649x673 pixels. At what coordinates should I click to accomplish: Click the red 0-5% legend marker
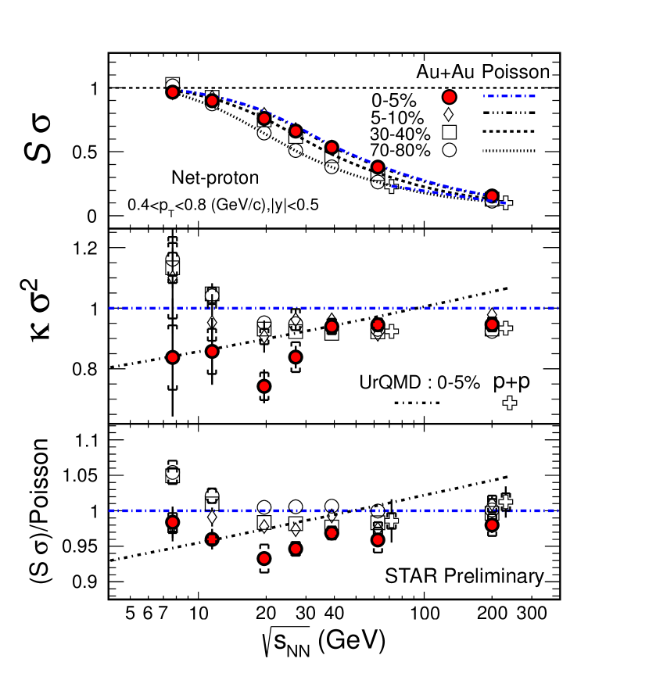449,97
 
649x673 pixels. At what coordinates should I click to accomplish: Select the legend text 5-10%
397,117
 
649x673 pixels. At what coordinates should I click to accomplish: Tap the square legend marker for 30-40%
449,131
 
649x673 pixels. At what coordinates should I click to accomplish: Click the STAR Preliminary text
464,577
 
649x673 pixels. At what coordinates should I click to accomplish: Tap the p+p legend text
513,382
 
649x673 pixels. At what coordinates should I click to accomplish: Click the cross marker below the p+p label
510,403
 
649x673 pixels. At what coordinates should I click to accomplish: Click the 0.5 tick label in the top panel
84,152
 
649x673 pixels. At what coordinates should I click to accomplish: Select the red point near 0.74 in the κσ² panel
264,386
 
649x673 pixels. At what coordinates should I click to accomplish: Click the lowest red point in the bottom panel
264,558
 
